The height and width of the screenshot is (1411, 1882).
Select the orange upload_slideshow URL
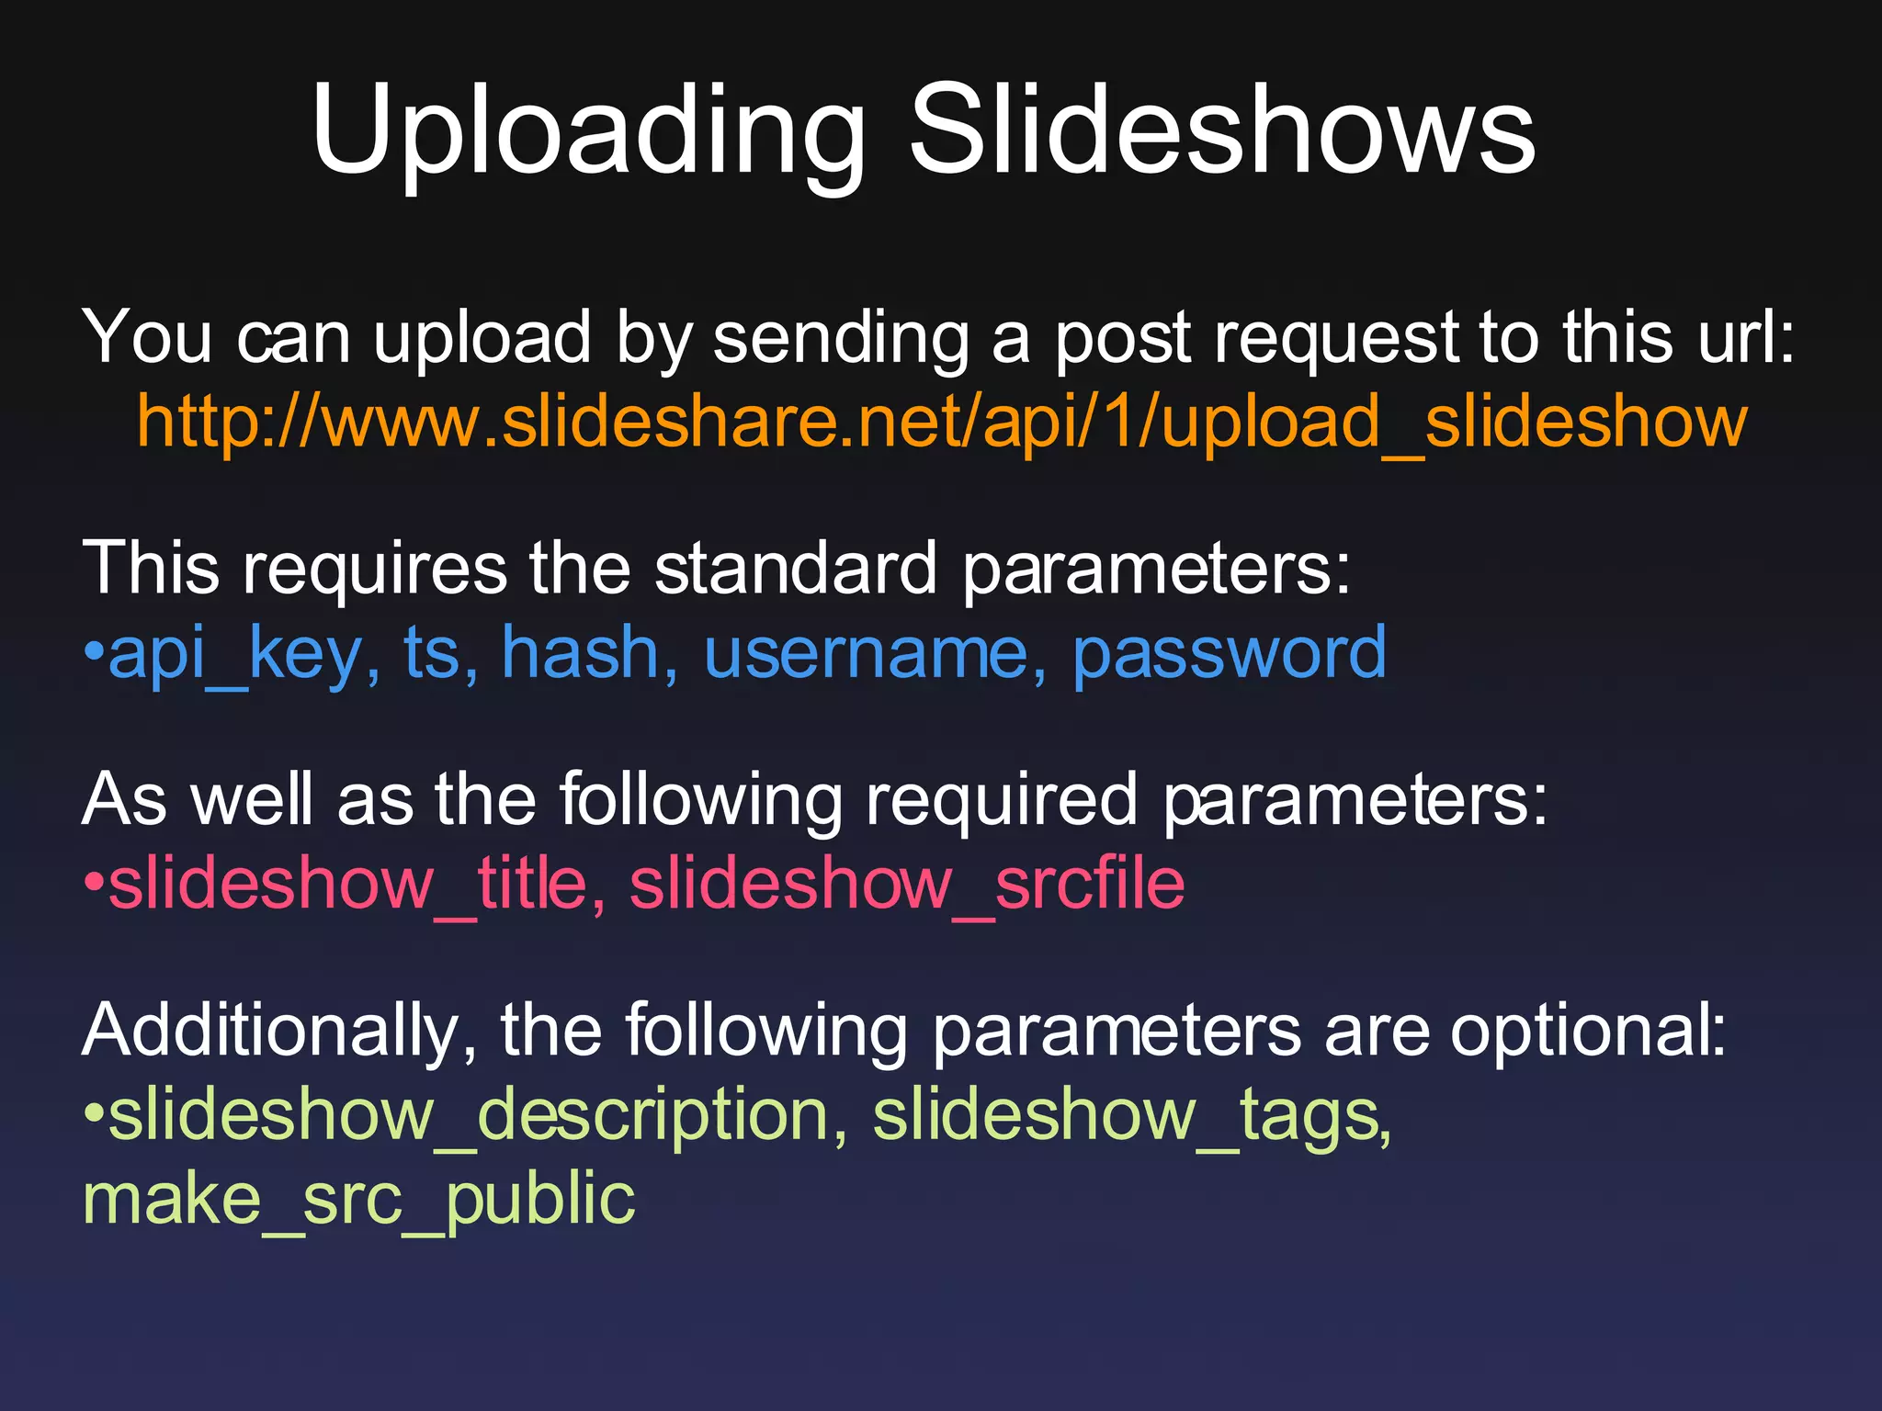pyautogui.click(x=942, y=423)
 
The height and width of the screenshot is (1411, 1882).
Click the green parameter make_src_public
pyautogui.click(x=359, y=1200)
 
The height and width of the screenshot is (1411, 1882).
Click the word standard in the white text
pyautogui.click(x=796, y=569)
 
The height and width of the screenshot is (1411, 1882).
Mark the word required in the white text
pyautogui.click(x=1003, y=799)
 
